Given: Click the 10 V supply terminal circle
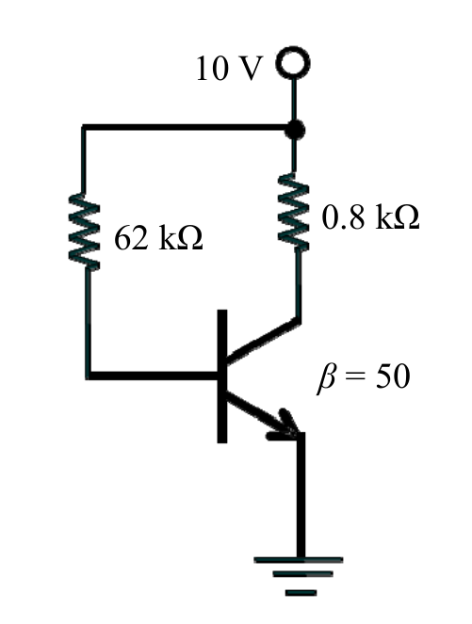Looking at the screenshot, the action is point(294,48).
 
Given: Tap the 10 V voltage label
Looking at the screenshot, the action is point(230,68).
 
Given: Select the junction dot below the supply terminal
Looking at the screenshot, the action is point(294,130).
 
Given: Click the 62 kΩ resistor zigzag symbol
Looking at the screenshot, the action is point(84,232).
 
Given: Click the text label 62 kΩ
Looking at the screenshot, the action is point(158,238).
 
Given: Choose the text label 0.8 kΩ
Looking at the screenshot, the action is point(370,216).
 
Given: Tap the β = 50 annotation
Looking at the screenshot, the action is point(363,376).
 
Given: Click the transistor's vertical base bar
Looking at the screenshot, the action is point(222,376).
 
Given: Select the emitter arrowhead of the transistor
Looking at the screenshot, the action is point(286,426).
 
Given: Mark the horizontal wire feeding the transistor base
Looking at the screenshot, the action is point(153,375).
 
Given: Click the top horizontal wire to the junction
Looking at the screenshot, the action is point(187,127).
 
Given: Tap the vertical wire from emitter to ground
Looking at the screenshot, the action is point(301,495).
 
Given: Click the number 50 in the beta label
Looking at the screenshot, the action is point(393,376).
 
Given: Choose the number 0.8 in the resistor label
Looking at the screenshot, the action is point(343,216).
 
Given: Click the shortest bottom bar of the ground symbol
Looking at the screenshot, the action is point(301,593).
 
